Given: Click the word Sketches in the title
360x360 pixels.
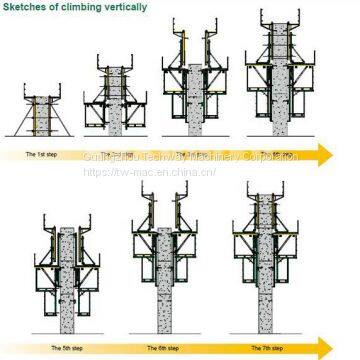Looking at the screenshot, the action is click(30, 8).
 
